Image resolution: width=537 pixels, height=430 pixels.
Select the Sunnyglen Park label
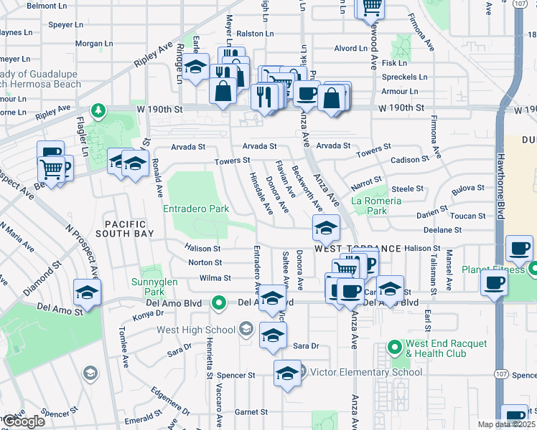coord(151,287)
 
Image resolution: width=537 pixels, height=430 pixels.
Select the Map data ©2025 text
coord(507,424)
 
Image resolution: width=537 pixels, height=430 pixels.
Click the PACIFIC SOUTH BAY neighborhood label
coord(129,229)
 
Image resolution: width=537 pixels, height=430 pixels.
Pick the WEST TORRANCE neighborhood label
coord(357,248)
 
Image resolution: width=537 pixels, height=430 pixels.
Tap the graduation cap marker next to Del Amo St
coord(87,293)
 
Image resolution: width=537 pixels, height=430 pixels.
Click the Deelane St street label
coord(442,230)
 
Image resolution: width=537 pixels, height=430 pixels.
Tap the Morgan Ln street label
coord(90,44)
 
